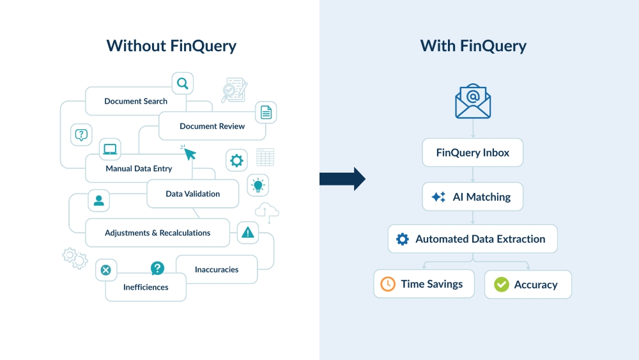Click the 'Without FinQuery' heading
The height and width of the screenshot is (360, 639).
click(171, 46)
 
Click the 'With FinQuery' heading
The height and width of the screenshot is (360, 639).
click(473, 46)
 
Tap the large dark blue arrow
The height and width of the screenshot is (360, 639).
click(343, 179)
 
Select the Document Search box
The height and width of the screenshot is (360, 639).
click(135, 101)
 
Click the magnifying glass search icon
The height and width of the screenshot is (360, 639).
click(183, 83)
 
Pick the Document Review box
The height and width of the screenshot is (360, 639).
click(212, 126)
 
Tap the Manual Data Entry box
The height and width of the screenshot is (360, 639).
click(139, 169)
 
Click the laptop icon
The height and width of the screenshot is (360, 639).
click(110, 149)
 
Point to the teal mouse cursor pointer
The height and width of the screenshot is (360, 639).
click(189, 153)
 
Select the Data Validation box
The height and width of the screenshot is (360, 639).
click(192, 194)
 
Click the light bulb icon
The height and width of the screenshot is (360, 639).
click(258, 185)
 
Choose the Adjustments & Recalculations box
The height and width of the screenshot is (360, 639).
click(157, 233)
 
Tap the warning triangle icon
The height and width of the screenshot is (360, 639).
click(248, 233)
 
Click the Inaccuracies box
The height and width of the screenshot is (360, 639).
click(217, 269)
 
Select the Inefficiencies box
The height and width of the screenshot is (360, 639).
click(146, 287)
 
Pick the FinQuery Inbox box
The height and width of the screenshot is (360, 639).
click(473, 153)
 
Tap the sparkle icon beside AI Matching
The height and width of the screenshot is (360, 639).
click(439, 197)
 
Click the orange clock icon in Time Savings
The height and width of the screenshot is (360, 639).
click(388, 284)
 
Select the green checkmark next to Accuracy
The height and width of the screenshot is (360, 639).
click(502, 285)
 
